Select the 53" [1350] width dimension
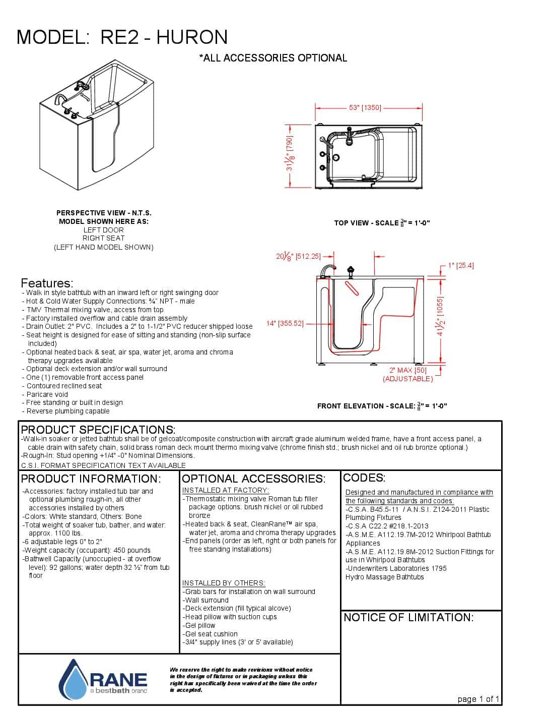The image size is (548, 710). pos(365,107)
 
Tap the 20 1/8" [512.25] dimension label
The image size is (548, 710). pos(298,256)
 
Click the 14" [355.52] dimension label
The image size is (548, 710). pos(285,323)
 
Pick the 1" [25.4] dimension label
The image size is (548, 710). pos(460,265)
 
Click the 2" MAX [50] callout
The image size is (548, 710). pos(407,370)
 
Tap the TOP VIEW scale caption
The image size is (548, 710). pos(382,223)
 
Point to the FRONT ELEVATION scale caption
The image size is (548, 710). pos(382,406)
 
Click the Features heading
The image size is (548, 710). pos(47,283)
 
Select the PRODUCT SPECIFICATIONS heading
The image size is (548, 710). pos(98,430)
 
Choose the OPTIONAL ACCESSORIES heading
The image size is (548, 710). pos(253,479)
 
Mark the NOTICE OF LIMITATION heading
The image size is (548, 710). pos(408,617)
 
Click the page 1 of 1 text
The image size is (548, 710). pos(478,699)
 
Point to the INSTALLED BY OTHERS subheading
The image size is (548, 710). pos(224,583)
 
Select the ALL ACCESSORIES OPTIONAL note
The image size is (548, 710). pos(273,58)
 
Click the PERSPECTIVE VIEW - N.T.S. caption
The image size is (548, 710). pos(104,213)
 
